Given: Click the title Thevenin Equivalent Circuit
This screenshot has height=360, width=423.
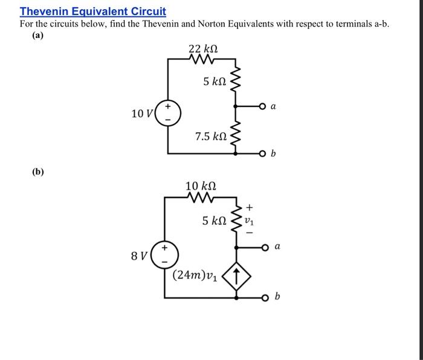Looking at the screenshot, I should coord(92,11).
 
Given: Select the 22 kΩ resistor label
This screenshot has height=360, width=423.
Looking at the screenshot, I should coord(203,48).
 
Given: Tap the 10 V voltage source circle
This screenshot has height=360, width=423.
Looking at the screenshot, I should coord(167,114).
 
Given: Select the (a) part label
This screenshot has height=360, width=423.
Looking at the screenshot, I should coord(38,36).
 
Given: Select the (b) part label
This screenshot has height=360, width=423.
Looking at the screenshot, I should coord(38,172).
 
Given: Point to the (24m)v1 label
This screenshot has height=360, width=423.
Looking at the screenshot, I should coord(194,275).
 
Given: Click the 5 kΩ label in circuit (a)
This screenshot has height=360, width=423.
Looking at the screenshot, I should coord(215,81).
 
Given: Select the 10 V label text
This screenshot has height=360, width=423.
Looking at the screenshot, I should coord(142,114).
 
